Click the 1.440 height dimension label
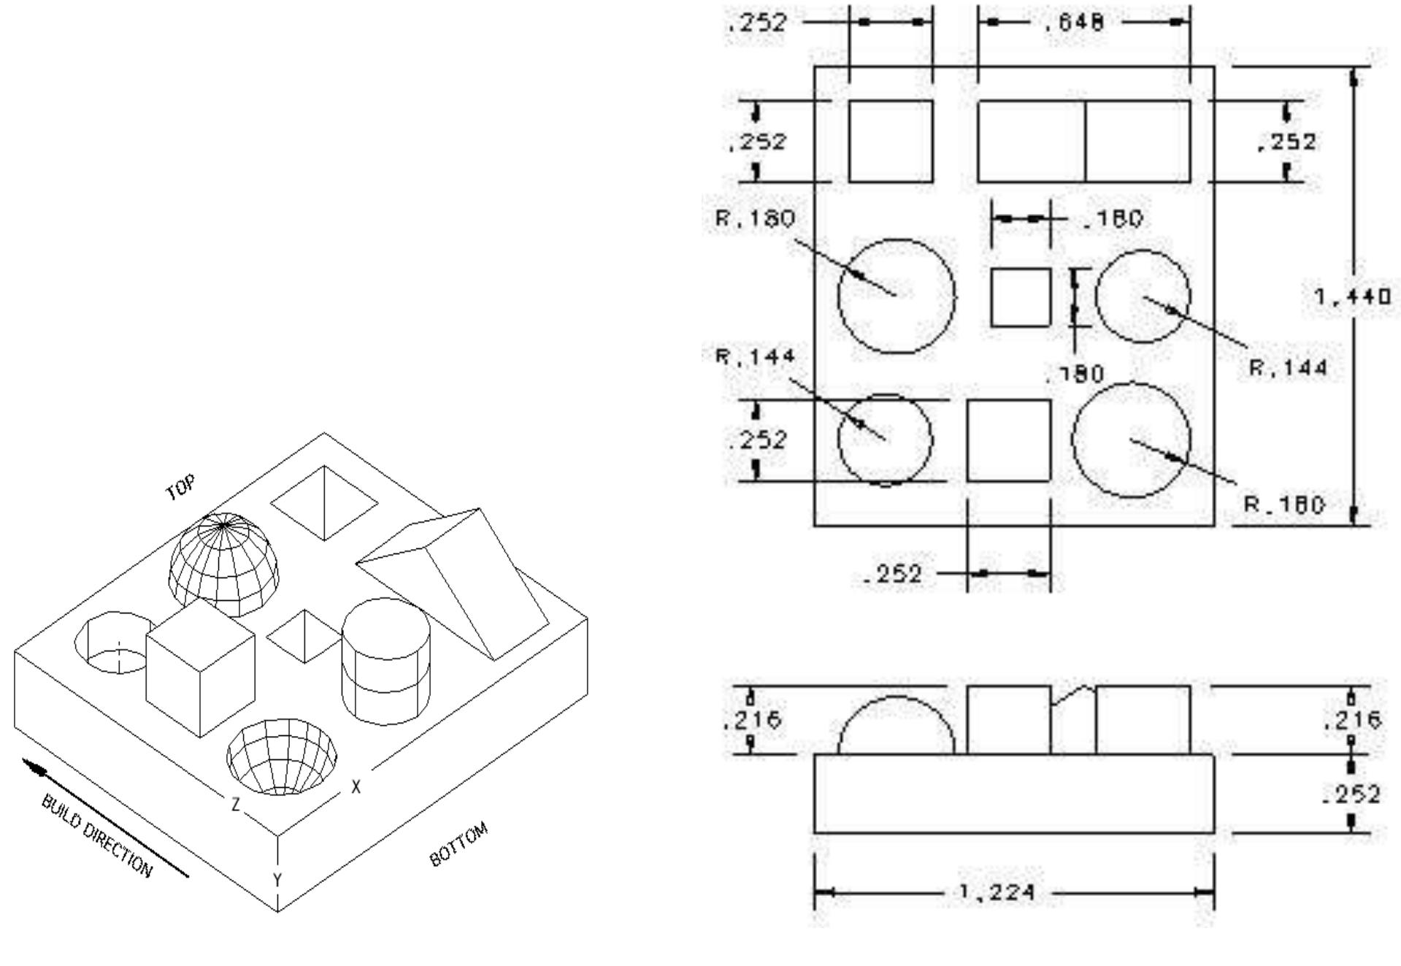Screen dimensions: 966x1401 point(1352,297)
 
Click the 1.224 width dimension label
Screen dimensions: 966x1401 point(996,892)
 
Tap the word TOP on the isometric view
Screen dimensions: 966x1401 point(180,488)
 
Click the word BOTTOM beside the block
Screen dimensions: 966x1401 point(458,844)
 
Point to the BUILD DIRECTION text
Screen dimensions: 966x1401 point(97,835)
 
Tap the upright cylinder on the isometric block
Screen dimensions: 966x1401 point(385,661)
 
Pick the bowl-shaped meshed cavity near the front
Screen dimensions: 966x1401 point(282,756)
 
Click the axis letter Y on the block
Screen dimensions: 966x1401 point(277,880)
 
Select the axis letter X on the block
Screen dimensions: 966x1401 point(356,786)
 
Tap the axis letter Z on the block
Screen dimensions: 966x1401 point(236,804)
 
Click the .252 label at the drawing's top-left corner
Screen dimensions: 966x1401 point(757,23)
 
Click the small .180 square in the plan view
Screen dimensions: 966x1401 point(1021,297)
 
